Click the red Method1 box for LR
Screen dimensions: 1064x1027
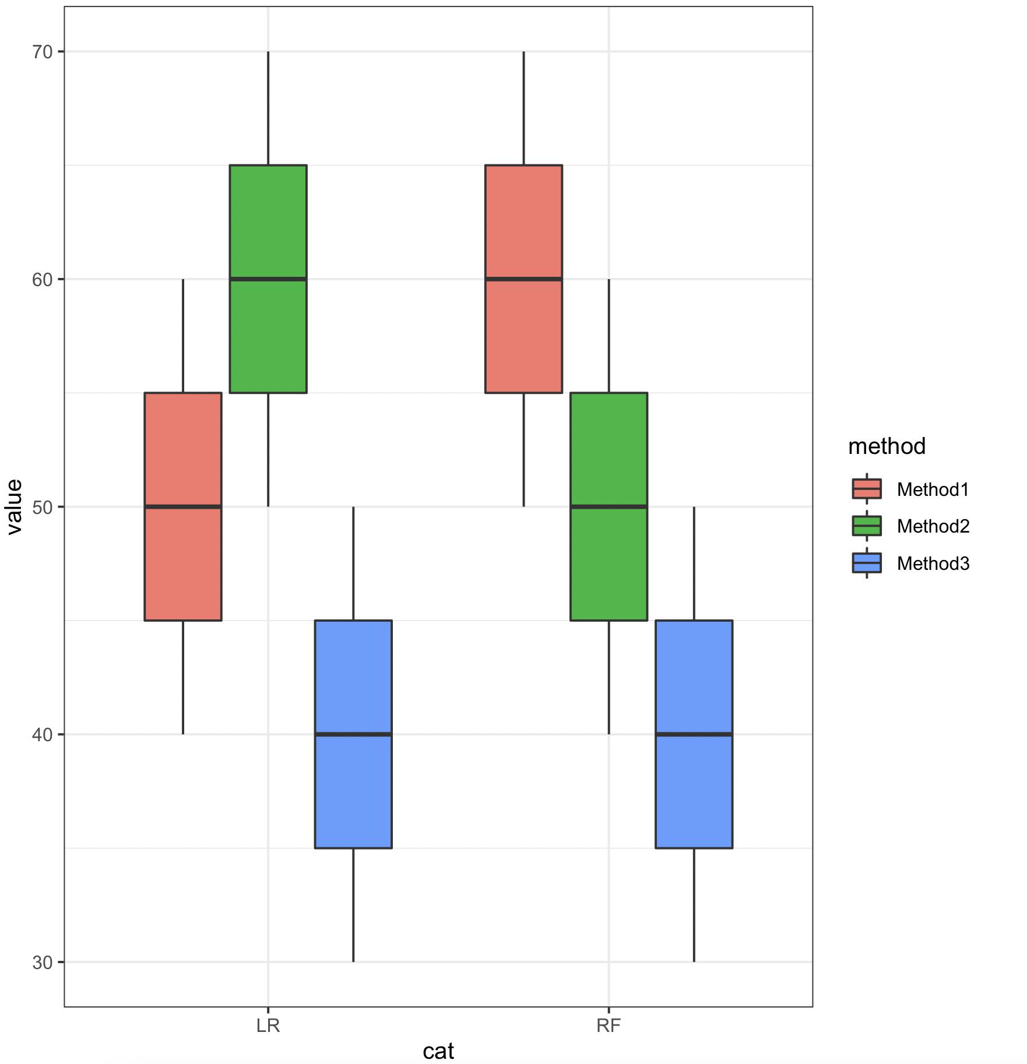[183, 506]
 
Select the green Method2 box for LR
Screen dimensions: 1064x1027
[268, 279]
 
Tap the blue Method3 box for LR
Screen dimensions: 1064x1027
[353, 734]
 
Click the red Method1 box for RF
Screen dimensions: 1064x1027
[523, 279]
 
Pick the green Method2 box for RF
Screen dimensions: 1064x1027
[609, 506]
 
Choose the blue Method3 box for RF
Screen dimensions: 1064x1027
[694, 734]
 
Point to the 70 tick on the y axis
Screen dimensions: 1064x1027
[42, 52]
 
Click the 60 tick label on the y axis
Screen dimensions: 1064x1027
[42, 280]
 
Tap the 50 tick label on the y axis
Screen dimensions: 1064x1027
[42, 507]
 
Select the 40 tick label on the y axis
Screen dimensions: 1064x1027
[42, 735]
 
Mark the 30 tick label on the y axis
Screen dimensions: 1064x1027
[42, 962]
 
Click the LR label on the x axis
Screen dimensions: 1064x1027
[268, 1026]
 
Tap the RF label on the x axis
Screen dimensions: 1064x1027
[609, 1026]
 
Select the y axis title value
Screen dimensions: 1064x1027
[14, 506]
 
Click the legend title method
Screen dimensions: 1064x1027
[887, 446]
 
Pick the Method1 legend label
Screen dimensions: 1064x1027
[933, 489]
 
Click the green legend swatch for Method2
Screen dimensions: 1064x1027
[867, 526]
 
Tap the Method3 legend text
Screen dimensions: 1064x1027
[933, 563]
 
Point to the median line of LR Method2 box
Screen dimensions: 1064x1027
[268, 279]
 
